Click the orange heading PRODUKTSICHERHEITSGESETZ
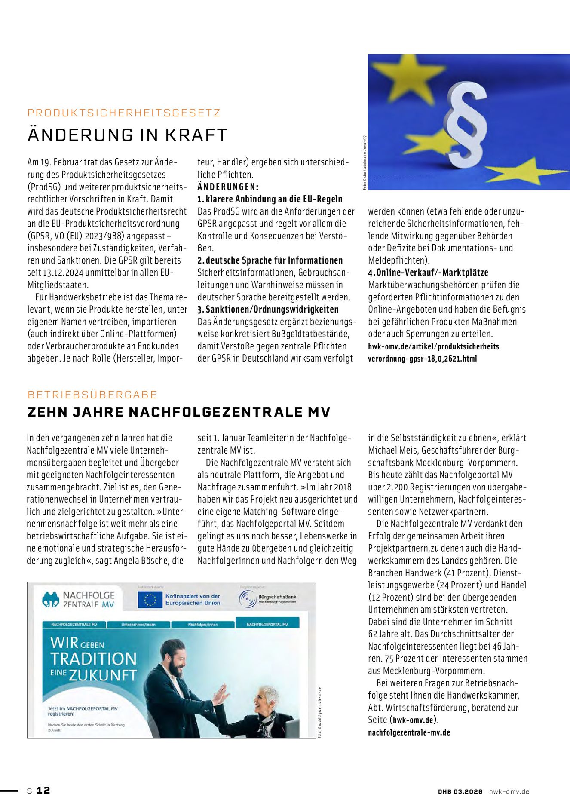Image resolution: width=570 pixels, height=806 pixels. tap(124, 113)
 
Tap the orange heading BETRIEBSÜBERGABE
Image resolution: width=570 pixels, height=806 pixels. tap(92, 395)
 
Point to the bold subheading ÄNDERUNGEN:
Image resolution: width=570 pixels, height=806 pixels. tap(228, 187)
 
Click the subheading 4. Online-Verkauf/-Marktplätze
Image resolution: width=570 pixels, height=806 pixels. tap(428, 273)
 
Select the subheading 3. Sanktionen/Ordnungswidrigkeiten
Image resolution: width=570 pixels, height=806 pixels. tap(268, 310)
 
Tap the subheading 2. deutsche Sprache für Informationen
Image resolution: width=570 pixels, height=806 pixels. tap(270, 260)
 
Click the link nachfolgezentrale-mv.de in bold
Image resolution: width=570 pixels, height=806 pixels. tap(409, 732)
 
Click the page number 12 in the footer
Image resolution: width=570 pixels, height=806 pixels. tap(43, 790)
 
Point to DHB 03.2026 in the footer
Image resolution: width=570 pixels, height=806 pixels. tap(460, 791)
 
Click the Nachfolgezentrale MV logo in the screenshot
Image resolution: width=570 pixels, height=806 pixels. tap(79, 600)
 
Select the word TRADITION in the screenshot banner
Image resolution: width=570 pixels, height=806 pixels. tap(93, 659)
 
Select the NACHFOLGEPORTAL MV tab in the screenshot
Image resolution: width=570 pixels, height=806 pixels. tap(267, 624)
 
